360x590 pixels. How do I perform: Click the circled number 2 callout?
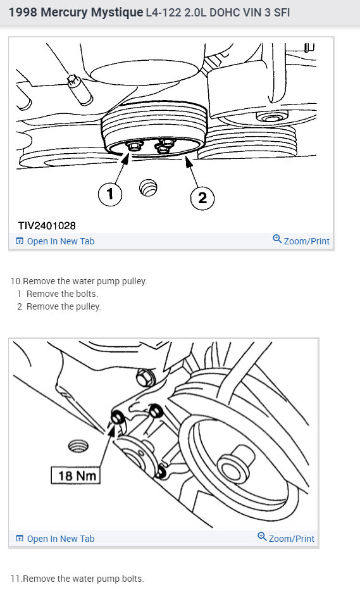[202, 198]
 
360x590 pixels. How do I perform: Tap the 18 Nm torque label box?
[75, 474]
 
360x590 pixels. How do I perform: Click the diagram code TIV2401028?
[47, 225]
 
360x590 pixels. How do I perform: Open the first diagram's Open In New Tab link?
[61, 241]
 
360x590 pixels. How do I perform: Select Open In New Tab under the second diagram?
[61, 539]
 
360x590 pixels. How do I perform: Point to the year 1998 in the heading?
[22, 12]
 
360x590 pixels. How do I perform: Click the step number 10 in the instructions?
[15, 281]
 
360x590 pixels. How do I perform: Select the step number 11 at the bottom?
[15, 579]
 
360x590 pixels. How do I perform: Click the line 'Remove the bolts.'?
[62, 294]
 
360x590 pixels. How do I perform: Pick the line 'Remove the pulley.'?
[63, 306]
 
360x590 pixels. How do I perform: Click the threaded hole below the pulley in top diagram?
[148, 187]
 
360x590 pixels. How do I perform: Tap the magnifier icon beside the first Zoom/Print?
[277, 239]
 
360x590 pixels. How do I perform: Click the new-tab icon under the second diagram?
[20, 539]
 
